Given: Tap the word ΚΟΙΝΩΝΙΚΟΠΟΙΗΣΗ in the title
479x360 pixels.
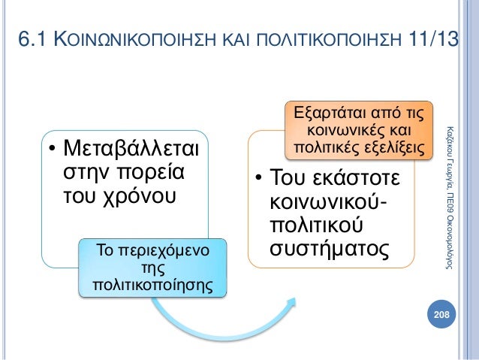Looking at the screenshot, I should (136, 40).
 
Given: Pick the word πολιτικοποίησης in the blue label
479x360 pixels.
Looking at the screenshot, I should (151, 285).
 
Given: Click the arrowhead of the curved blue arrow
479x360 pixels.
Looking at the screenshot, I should (288, 304).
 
